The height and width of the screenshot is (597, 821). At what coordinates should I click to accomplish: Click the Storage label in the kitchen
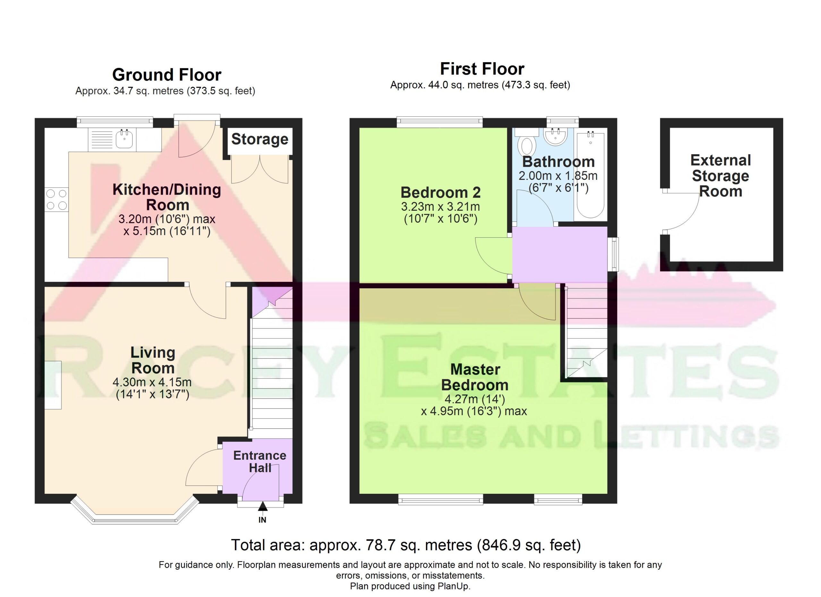[x=259, y=139]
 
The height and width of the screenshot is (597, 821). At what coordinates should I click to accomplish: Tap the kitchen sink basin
[x=124, y=139]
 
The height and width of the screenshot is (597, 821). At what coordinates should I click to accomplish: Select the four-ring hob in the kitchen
[x=57, y=199]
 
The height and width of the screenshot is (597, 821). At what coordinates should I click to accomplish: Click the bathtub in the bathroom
[x=590, y=175]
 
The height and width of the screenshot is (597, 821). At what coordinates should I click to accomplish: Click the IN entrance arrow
[x=263, y=507]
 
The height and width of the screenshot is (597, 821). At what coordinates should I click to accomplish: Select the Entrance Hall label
[x=259, y=461]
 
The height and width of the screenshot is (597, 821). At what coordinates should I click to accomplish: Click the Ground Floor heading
[x=166, y=75]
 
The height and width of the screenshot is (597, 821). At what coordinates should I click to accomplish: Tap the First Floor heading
[x=482, y=69]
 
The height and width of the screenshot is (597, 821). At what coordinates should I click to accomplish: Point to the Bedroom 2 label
[x=441, y=192]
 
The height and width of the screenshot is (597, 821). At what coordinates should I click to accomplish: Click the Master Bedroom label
[x=475, y=377]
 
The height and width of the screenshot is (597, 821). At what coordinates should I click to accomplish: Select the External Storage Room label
[x=720, y=176]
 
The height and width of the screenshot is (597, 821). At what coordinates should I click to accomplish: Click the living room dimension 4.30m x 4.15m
[x=152, y=382]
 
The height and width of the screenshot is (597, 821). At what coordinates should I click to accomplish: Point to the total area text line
[x=406, y=545]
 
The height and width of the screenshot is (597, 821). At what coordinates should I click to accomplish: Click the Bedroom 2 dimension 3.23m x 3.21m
[x=441, y=207]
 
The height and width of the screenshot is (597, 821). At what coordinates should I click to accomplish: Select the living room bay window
[x=135, y=510]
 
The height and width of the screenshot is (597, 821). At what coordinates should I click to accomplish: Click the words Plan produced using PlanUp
[x=410, y=586]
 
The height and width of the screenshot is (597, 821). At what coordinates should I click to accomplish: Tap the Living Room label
[x=153, y=360]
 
